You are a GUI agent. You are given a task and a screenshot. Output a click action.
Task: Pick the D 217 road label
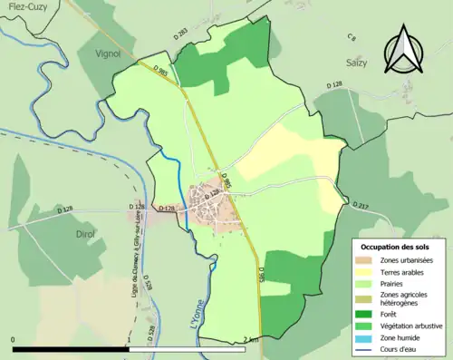tap(359, 208)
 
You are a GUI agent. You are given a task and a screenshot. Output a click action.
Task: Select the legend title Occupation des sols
tap(396, 246)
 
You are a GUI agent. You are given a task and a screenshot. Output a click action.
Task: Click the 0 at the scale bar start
tap(14, 339)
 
